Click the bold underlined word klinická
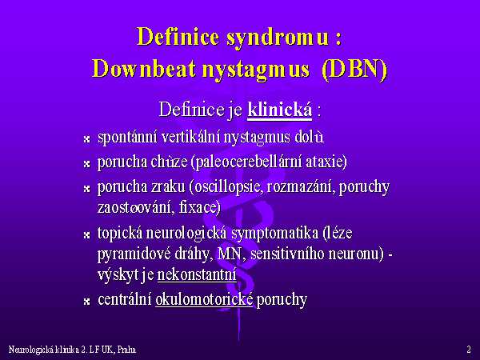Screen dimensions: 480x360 279,110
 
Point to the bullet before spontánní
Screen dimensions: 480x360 87,139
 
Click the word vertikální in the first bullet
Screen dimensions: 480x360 191,137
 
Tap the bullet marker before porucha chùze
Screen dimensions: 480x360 87,164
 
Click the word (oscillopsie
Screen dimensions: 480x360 226,187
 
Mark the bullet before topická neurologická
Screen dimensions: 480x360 87,235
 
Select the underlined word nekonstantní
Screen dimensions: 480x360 197,274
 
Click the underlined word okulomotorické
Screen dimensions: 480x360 204,299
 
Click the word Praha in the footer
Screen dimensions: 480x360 126,350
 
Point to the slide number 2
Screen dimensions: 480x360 469,350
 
